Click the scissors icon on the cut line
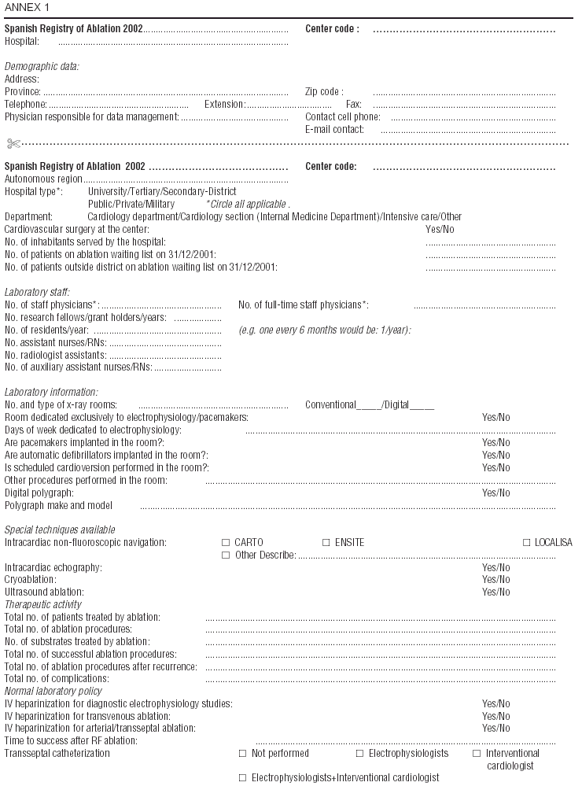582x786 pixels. point(13,143)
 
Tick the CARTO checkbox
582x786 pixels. point(226,543)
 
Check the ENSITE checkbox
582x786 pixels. point(326,543)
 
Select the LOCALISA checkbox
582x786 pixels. point(527,543)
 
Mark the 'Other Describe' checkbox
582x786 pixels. point(226,555)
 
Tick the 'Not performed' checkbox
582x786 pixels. point(243,754)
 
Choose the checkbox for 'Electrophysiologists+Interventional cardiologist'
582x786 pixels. point(243,778)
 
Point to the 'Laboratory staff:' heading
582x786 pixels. point(37,292)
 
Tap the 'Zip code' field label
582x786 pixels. point(324,92)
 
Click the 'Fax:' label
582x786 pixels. point(354,105)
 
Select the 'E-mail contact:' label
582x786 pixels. point(334,130)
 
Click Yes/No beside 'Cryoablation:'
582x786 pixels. point(495,580)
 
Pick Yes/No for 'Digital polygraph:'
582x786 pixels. point(495,493)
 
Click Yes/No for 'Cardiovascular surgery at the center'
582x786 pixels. point(439,229)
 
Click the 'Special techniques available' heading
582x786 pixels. point(60,530)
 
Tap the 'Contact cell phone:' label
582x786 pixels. point(342,117)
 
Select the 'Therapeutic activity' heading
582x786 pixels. point(43,605)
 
